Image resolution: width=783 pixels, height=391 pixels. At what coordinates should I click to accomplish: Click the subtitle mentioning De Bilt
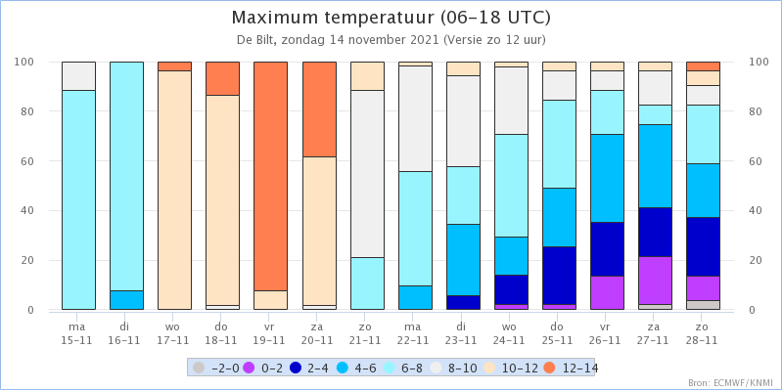tap(391, 40)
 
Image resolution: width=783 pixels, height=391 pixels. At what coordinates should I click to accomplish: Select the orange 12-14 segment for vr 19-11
tap(271, 176)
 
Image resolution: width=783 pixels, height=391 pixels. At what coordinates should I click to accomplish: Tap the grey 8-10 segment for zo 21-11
tap(367, 174)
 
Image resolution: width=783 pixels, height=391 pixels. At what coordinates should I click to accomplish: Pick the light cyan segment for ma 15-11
tap(79, 200)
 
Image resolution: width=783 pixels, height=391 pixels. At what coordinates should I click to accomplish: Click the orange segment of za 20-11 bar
tap(319, 109)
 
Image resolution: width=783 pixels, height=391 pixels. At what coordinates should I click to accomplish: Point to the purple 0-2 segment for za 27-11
tap(655, 281)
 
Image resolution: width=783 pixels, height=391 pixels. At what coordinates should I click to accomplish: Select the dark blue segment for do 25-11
tap(559, 276)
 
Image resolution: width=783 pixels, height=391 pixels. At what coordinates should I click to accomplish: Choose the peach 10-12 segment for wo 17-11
tap(175, 190)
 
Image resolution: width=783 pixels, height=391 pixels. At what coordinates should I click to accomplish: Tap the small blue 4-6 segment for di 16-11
tap(127, 300)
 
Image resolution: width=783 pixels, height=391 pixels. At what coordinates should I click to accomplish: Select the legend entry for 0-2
tap(264, 369)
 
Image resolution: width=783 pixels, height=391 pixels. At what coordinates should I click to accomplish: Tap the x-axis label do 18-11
tap(223, 332)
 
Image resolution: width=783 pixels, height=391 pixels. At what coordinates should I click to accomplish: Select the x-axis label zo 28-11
tap(703, 332)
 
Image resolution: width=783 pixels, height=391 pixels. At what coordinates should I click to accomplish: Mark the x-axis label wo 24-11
tap(511, 332)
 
